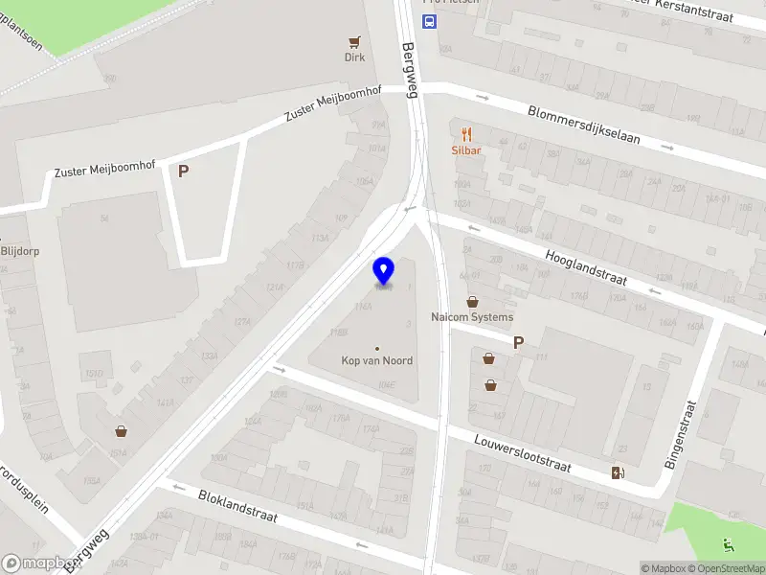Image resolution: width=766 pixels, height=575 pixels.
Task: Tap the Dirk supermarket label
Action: coord(355,57)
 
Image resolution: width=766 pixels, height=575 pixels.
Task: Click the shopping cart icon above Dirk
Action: coord(355,42)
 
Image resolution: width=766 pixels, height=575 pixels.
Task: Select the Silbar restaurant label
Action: coord(466,150)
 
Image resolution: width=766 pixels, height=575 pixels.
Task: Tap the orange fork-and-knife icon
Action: coord(466,134)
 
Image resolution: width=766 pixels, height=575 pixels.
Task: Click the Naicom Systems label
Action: coord(472,317)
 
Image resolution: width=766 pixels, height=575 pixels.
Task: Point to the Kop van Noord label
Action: coord(377,360)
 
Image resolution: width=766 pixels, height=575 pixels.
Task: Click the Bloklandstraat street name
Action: coord(237,506)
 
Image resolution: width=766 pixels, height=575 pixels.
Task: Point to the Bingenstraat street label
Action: coord(681,434)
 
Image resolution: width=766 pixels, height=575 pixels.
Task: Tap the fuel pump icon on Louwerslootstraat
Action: coord(618,471)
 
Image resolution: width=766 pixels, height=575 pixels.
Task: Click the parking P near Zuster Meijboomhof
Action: coord(183,172)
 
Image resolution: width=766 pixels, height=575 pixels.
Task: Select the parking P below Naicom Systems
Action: coord(518,342)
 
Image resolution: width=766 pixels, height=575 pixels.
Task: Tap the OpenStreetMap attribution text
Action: coord(725,568)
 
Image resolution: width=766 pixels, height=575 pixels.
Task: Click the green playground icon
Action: coord(730,544)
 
